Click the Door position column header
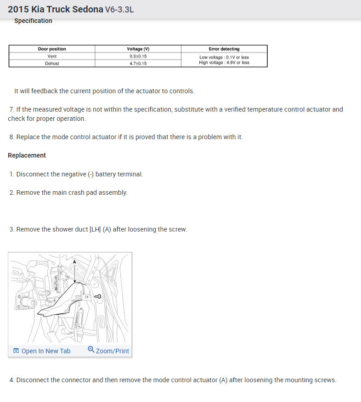click(51, 49)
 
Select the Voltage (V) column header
click(138, 49)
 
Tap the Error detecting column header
click(224, 49)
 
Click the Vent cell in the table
click(51, 56)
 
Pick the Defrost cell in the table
click(51, 63)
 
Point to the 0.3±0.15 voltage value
click(138, 56)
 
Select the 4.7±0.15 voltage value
click(138, 63)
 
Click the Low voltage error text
click(224, 57)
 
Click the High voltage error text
click(224, 62)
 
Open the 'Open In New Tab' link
click(45, 351)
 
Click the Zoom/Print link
click(113, 351)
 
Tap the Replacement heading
click(27, 155)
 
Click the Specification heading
click(33, 21)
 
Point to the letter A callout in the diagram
click(74, 261)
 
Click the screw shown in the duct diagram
click(98, 297)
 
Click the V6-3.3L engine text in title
click(119, 10)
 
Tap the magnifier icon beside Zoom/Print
click(91, 350)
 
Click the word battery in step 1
click(106, 174)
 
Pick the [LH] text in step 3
click(96, 229)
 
